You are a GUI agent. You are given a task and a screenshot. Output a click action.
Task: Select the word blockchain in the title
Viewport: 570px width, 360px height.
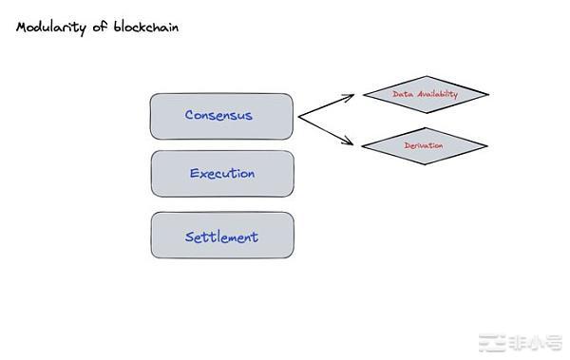coord(142,28)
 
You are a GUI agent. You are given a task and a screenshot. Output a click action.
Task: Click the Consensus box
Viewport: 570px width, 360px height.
coord(221,116)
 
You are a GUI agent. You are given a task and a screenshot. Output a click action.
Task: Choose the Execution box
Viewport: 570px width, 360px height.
coord(221,174)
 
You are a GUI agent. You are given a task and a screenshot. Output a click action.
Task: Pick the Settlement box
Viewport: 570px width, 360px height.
coord(221,236)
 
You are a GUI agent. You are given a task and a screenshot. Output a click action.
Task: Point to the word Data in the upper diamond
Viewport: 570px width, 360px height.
coord(402,94)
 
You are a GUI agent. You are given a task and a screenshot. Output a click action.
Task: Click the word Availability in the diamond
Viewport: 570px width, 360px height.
coord(438,94)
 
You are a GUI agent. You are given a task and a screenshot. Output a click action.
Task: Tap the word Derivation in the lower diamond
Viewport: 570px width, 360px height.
coord(424,145)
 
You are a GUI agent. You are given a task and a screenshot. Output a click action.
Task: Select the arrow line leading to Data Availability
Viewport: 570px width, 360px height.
coord(328,105)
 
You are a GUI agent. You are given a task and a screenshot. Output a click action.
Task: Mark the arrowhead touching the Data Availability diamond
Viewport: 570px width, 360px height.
coord(358,94)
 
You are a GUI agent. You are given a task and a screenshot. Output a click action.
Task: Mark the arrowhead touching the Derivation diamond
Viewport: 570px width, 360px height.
coord(357,145)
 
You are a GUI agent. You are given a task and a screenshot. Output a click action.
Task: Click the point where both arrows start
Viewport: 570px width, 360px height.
coord(298,117)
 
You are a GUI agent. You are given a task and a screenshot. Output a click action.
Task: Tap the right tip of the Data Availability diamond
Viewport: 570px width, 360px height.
coord(488,94)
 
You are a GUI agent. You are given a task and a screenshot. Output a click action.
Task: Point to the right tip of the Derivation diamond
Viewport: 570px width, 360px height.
coord(486,145)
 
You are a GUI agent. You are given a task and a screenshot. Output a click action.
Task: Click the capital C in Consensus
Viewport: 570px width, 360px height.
coord(190,116)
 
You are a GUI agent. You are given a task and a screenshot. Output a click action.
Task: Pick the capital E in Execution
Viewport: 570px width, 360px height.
coord(194,174)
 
